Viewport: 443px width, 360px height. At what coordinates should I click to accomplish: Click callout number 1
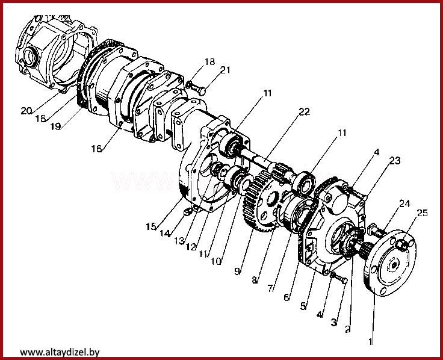(x=371, y=343)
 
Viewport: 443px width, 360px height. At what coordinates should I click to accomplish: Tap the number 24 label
(x=404, y=204)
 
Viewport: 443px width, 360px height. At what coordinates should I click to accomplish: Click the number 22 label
(x=304, y=112)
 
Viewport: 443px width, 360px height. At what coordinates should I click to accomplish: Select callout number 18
(x=209, y=62)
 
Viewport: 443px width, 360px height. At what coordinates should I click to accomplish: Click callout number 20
(x=26, y=111)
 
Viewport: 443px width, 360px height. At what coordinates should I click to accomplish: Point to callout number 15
(x=150, y=227)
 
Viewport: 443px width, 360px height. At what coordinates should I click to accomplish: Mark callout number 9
(x=238, y=272)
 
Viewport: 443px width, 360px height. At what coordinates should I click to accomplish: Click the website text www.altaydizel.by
(x=60, y=352)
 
